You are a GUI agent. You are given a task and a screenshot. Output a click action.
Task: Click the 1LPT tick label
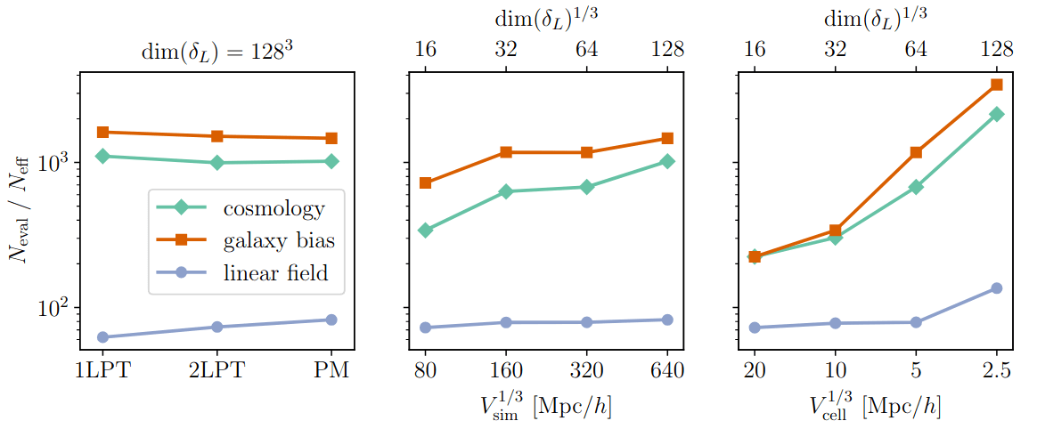102,369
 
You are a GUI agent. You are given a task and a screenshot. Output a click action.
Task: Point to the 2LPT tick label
216,369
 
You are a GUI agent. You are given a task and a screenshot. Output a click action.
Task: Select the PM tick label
331,369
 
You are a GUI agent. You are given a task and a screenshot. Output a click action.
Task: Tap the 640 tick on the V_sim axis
667,369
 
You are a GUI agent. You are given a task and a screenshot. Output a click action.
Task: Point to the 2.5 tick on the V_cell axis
996,369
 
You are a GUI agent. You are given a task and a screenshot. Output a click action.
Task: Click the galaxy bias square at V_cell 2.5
997,85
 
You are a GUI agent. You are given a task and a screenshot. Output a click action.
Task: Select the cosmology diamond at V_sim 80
425,231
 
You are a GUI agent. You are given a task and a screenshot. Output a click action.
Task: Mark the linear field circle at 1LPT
102,337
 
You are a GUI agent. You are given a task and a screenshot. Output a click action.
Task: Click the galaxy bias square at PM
331,138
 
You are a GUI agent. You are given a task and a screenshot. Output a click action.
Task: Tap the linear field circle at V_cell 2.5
997,288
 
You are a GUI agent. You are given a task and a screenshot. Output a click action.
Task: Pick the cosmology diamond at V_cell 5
916,187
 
